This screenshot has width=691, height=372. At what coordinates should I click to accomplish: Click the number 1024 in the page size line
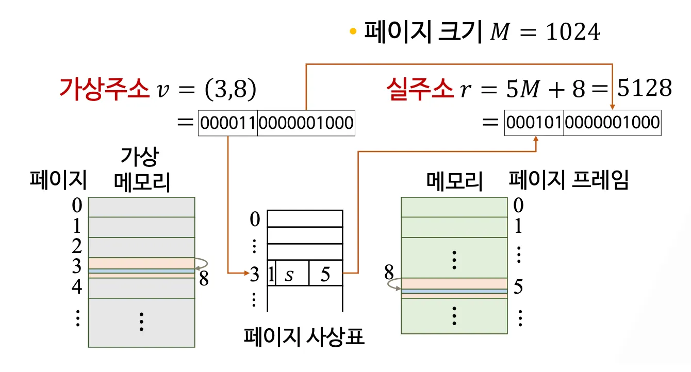click(x=573, y=33)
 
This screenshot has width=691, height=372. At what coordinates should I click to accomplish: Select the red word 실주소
click(x=420, y=90)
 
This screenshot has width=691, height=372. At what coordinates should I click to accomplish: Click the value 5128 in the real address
click(x=645, y=89)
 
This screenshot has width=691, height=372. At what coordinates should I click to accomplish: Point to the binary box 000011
click(x=228, y=123)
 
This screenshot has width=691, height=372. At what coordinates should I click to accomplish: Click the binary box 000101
click(x=534, y=123)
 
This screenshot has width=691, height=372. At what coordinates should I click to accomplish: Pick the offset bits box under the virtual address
click(x=306, y=123)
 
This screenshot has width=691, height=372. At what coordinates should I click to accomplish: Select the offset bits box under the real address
click(x=612, y=123)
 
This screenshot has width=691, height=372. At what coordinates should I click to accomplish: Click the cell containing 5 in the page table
click(x=325, y=274)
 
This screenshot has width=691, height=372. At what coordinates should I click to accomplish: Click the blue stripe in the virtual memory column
click(x=141, y=270)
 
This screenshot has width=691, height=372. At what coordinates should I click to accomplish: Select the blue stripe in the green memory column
click(x=454, y=291)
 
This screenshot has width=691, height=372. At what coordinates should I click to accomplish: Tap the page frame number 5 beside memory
click(x=518, y=287)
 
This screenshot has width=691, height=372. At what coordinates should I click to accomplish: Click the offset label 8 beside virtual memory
click(x=204, y=279)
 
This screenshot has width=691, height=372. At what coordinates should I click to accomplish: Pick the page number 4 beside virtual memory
click(x=77, y=286)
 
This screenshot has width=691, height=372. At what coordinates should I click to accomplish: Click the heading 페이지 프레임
click(x=568, y=180)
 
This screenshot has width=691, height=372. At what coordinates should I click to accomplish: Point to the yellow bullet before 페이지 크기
click(x=353, y=32)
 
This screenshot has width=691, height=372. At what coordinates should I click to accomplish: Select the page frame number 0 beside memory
click(x=518, y=206)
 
